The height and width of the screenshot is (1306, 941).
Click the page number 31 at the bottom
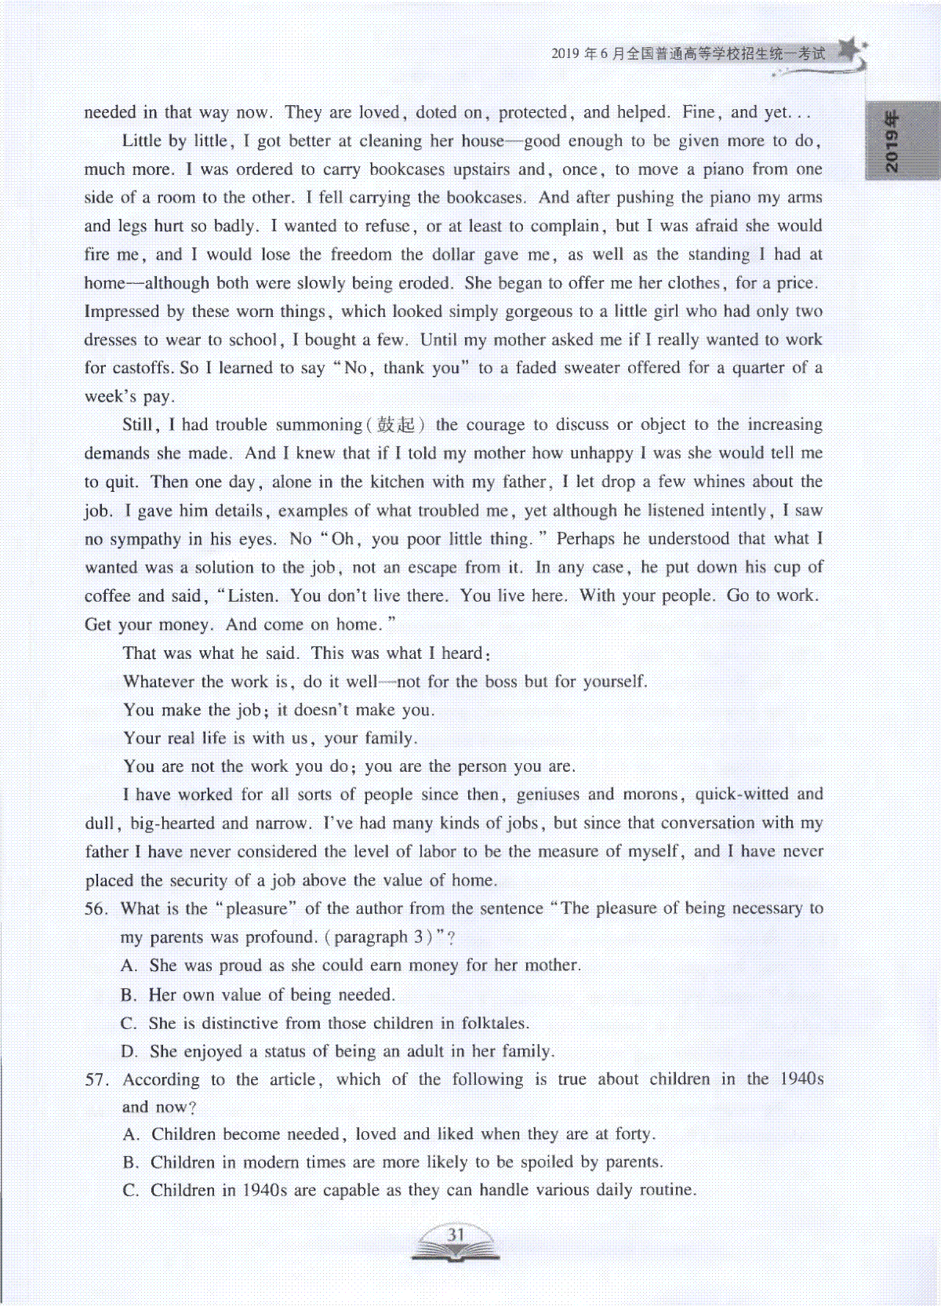pos(456,1235)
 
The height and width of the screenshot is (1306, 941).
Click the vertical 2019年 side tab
pos(893,141)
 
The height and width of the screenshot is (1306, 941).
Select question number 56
pos(96,909)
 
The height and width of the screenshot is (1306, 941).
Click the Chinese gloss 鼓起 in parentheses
pos(396,425)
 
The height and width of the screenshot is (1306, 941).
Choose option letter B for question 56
pos(129,995)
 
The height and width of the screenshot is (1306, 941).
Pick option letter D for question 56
pos(129,1052)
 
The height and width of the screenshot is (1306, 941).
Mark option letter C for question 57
pos(130,1191)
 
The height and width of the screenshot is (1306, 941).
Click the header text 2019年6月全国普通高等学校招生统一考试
pos(688,53)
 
